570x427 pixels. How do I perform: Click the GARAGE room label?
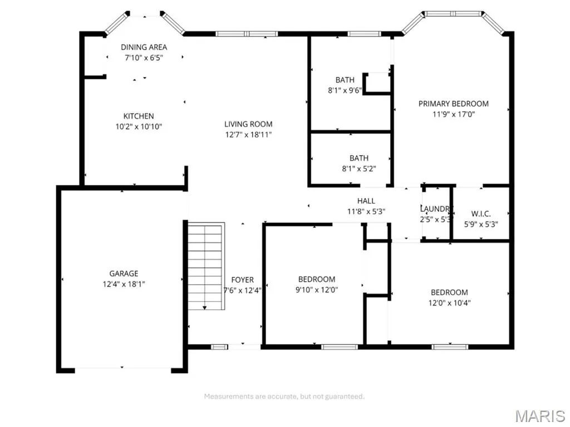[124, 274]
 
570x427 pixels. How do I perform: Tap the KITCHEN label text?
[139, 116]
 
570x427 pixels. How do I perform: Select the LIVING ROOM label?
[248, 124]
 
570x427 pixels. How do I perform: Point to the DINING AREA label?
[144, 47]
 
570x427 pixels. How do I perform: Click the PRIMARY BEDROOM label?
[453, 104]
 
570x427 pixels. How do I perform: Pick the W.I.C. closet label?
[481, 214]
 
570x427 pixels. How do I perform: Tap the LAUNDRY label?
[436, 209]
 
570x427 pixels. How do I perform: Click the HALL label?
[366, 201]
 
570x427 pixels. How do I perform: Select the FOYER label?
[243, 280]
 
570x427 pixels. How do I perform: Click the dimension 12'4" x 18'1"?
[124, 284]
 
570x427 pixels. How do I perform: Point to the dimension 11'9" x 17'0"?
[453, 115]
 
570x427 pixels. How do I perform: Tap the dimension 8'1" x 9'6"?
[345, 91]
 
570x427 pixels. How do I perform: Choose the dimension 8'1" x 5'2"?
[359, 168]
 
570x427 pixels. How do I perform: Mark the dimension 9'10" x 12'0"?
[317, 290]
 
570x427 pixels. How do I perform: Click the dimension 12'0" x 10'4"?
[449, 303]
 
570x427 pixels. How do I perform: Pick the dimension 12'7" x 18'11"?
[248, 135]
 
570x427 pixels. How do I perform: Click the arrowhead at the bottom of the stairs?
[205, 308]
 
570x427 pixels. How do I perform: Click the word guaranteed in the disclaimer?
[344, 396]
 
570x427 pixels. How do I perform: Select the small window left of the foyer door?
[219, 347]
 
